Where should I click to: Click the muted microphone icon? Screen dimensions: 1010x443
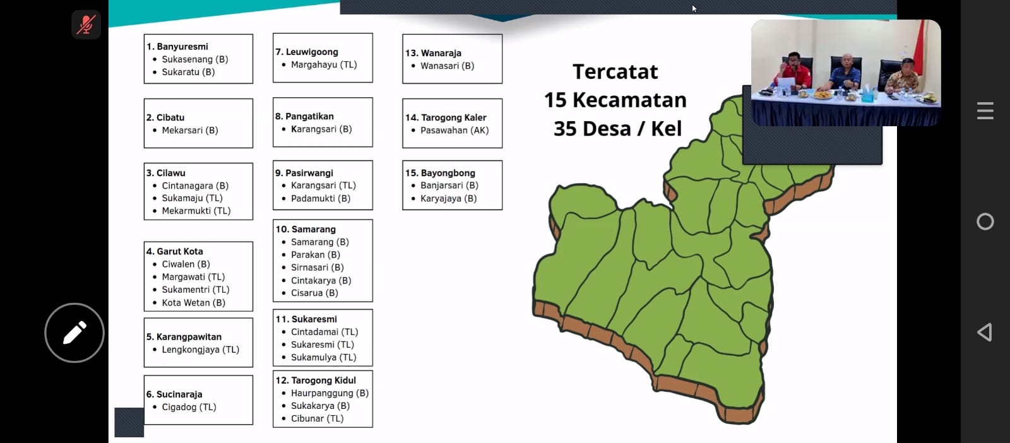86,25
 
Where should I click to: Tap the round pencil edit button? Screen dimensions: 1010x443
74,333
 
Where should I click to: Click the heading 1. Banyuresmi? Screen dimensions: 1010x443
177,47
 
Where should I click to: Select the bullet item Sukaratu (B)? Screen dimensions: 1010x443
188,72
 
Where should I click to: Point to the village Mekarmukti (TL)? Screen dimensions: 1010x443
196,211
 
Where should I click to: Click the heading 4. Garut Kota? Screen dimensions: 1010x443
174,251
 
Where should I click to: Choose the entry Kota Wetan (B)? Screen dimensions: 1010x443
193,303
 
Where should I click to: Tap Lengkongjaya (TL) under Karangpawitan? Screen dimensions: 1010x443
200,350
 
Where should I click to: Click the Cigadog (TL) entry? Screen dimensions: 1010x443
189,408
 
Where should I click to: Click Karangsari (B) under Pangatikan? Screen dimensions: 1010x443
321,129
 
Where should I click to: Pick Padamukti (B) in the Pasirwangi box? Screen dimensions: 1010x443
321,199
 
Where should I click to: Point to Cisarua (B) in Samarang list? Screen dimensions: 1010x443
314,293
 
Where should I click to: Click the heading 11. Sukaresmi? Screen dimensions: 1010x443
306,319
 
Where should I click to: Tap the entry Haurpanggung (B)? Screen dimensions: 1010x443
330,393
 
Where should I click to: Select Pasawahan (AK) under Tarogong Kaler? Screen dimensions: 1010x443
454,130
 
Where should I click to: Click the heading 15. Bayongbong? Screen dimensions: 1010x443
440,173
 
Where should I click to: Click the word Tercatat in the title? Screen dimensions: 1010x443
615,72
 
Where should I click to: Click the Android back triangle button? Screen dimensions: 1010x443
985,332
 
